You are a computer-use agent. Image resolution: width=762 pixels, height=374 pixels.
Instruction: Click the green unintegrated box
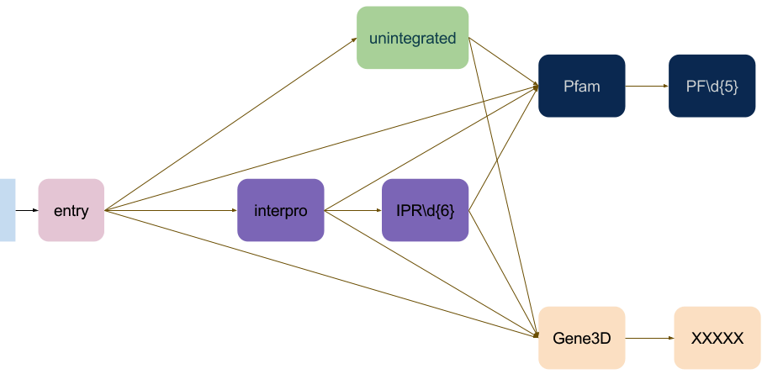tap(412, 38)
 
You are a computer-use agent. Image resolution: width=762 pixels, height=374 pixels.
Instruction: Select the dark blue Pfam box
tap(581, 86)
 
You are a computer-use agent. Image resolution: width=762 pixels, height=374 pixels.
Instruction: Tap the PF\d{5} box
tap(712, 86)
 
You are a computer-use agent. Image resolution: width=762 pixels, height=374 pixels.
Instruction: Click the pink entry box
tap(71, 210)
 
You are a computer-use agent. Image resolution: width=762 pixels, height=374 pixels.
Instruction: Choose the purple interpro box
tap(280, 210)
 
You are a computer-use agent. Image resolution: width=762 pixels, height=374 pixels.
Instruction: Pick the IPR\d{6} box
tap(425, 210)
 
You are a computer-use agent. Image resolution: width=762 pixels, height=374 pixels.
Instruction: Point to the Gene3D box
tap(581, 338)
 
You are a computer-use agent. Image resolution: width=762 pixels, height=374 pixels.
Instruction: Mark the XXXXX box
tap(717, 338)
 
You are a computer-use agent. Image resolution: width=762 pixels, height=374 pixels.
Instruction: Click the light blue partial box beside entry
tap(8, 210)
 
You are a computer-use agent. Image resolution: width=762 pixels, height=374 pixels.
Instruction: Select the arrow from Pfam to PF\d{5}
tap(647, 86)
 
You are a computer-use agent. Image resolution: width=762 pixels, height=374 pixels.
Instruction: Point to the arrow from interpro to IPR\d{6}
tap(353, 210)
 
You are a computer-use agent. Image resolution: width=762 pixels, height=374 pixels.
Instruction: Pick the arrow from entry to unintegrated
tap(227, 125)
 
